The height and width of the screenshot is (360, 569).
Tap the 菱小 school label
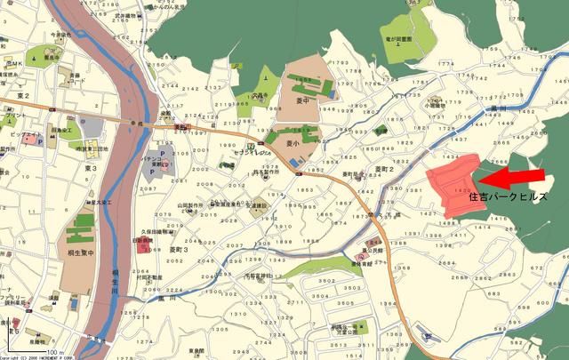[293, 141]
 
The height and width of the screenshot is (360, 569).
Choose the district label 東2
[21, 95]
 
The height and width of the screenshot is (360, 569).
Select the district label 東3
[90, 167]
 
